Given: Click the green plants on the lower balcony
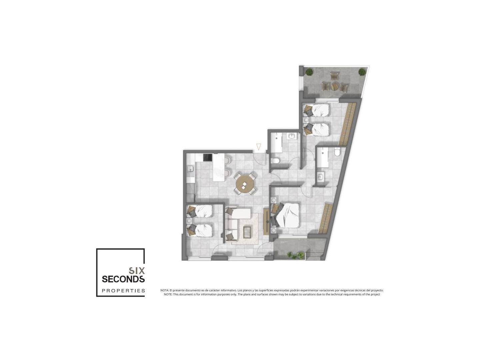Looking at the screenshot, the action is (295, 255).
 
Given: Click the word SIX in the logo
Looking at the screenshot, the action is (137, 271).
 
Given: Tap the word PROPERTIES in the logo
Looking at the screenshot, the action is (123, 291).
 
